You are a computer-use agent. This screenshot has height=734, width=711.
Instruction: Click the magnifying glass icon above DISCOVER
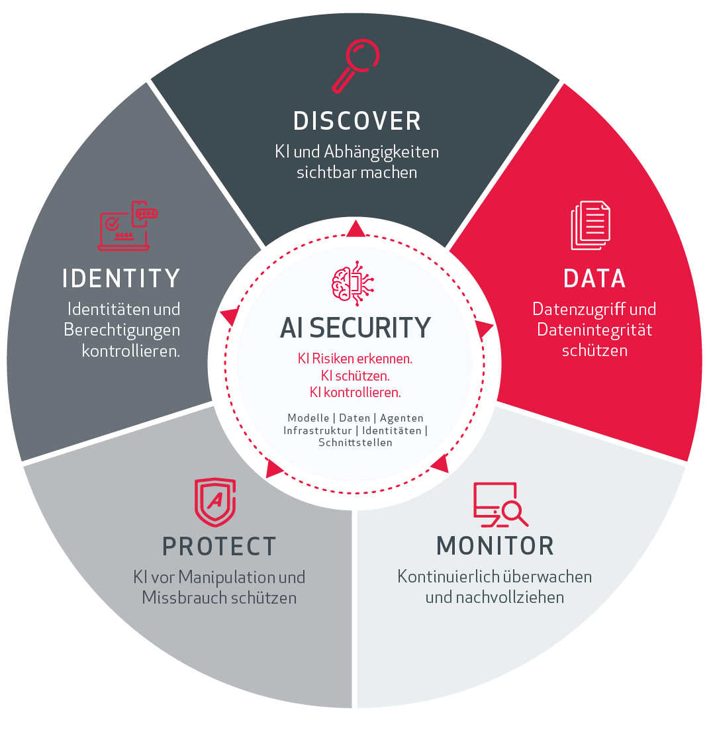point(355,66)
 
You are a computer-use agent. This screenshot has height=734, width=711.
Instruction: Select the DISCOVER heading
point(357,121)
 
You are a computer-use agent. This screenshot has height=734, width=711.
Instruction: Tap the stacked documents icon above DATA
point(591,225)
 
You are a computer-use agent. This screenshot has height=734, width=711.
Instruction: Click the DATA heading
point(594,279)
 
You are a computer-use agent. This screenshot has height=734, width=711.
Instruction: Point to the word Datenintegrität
point(594,330)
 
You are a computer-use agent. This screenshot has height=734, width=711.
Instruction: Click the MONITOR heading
point(495,546)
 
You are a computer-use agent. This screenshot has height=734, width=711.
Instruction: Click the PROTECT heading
point(219,546)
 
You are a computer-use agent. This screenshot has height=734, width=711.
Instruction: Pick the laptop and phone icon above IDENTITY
point(128,226)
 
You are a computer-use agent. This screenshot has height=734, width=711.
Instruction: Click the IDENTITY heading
point(121,279)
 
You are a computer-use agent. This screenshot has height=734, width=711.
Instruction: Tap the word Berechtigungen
point(122,330)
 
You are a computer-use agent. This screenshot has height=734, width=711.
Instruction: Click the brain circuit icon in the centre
point(353,284)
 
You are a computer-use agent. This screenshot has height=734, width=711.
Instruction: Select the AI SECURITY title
point(355,328)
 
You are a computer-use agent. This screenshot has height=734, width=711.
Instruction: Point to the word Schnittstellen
point(355,442)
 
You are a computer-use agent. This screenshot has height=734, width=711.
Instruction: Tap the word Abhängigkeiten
point(381,152)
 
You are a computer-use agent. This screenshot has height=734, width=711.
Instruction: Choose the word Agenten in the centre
point(402,418)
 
